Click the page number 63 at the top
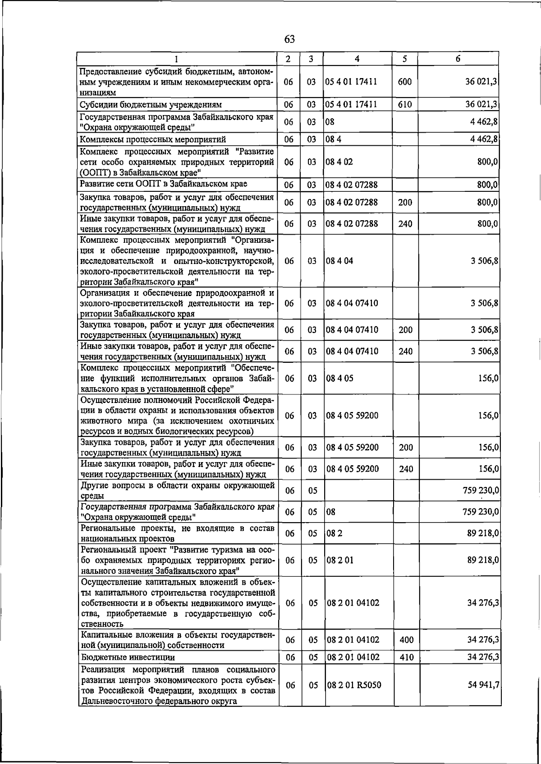click(x=289, y=39)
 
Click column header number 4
click(x=357, y=59)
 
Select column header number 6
click(x=458, y=59)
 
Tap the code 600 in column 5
click(x=405, y=82)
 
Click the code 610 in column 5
click(x=405, y=105)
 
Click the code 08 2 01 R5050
click(x=354, y=685)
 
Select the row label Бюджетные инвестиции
click(x=128, y=658)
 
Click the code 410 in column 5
click(x=406, y=658)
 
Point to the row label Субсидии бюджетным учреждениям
click(x=151, y=105)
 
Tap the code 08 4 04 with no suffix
click(x=339, y=261)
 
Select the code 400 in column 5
click(x=406, y=640)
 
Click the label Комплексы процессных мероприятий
click(x=153, y=139)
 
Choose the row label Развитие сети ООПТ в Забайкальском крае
click(x=163, y=184)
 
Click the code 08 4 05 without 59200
click(x=339, y=378)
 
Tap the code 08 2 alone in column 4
click(x=335, y=533)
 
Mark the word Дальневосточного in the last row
click(x=116, y=701)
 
